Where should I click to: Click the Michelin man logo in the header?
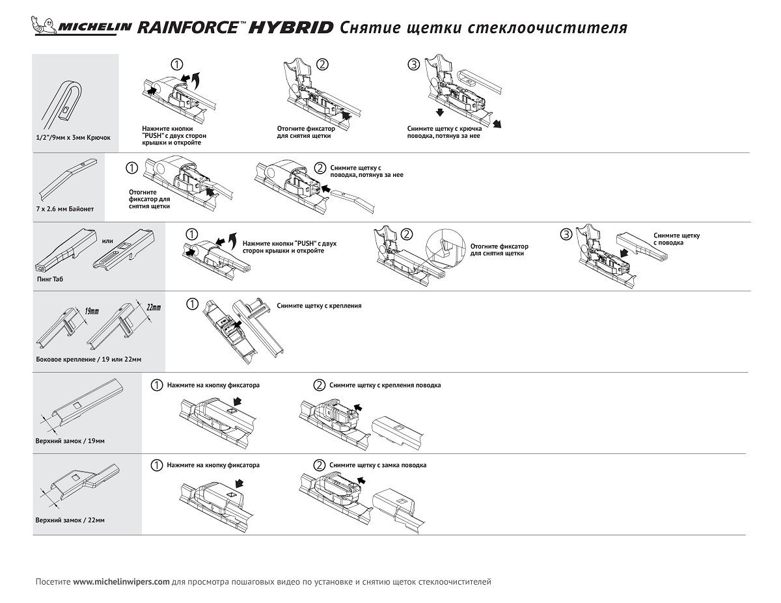coord(43,27)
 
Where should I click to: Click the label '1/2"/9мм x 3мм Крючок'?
coord(74,139)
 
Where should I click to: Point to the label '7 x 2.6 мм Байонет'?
coord(65,209)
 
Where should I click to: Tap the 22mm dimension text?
coord(154,306)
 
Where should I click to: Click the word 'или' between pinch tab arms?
coord(107,242)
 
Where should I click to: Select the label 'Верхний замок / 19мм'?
coord(70,440)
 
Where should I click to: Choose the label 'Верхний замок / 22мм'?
coord(70,520)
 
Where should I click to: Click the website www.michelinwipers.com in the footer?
coord(121,581)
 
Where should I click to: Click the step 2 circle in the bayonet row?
coord(320,168)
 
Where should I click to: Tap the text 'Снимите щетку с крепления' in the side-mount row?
coord(318,305)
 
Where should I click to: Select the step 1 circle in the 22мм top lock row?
coord(156,465)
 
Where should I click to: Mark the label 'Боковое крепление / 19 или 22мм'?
coord(89,359)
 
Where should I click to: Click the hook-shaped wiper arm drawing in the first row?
coord(66,103)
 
